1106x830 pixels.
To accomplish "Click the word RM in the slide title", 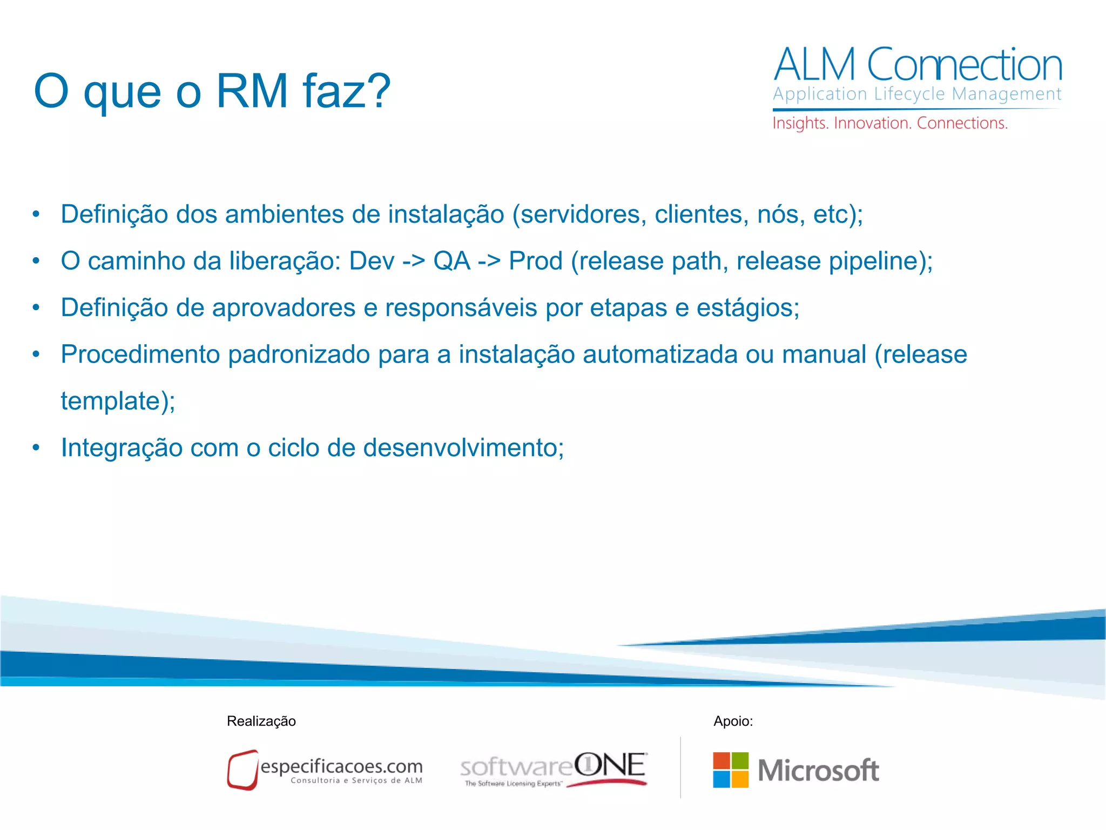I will tap(252, 91).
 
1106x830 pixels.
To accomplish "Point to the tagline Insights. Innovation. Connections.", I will tap(890, 123).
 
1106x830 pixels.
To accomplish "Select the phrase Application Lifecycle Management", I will tap(917, 94).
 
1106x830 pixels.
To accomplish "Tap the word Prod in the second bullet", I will tap(535, 261).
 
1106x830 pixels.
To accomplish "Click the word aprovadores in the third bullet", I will tap(284, 308).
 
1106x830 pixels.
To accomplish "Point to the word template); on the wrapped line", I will tap(118, 401).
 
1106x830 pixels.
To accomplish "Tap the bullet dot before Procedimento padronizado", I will tap(36, 354).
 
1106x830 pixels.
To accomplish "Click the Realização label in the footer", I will tap(261, 721).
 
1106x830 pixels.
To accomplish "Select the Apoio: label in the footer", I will tap(733, 721).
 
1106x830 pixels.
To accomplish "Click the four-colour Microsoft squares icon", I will tap(731, 770).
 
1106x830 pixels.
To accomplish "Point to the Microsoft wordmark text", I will tap(818, 770).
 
